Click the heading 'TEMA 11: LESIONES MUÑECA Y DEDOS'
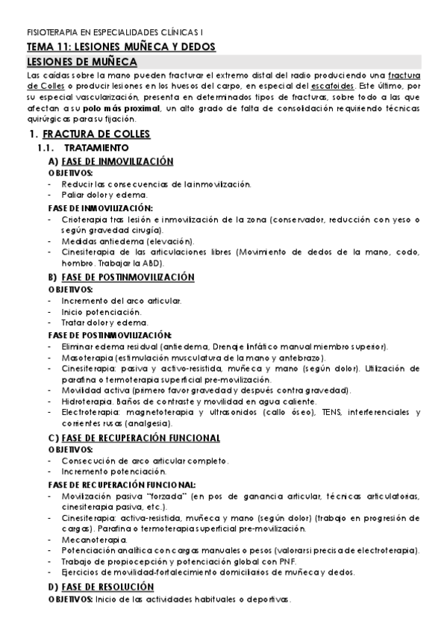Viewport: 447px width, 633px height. click(x=121, y=46)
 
